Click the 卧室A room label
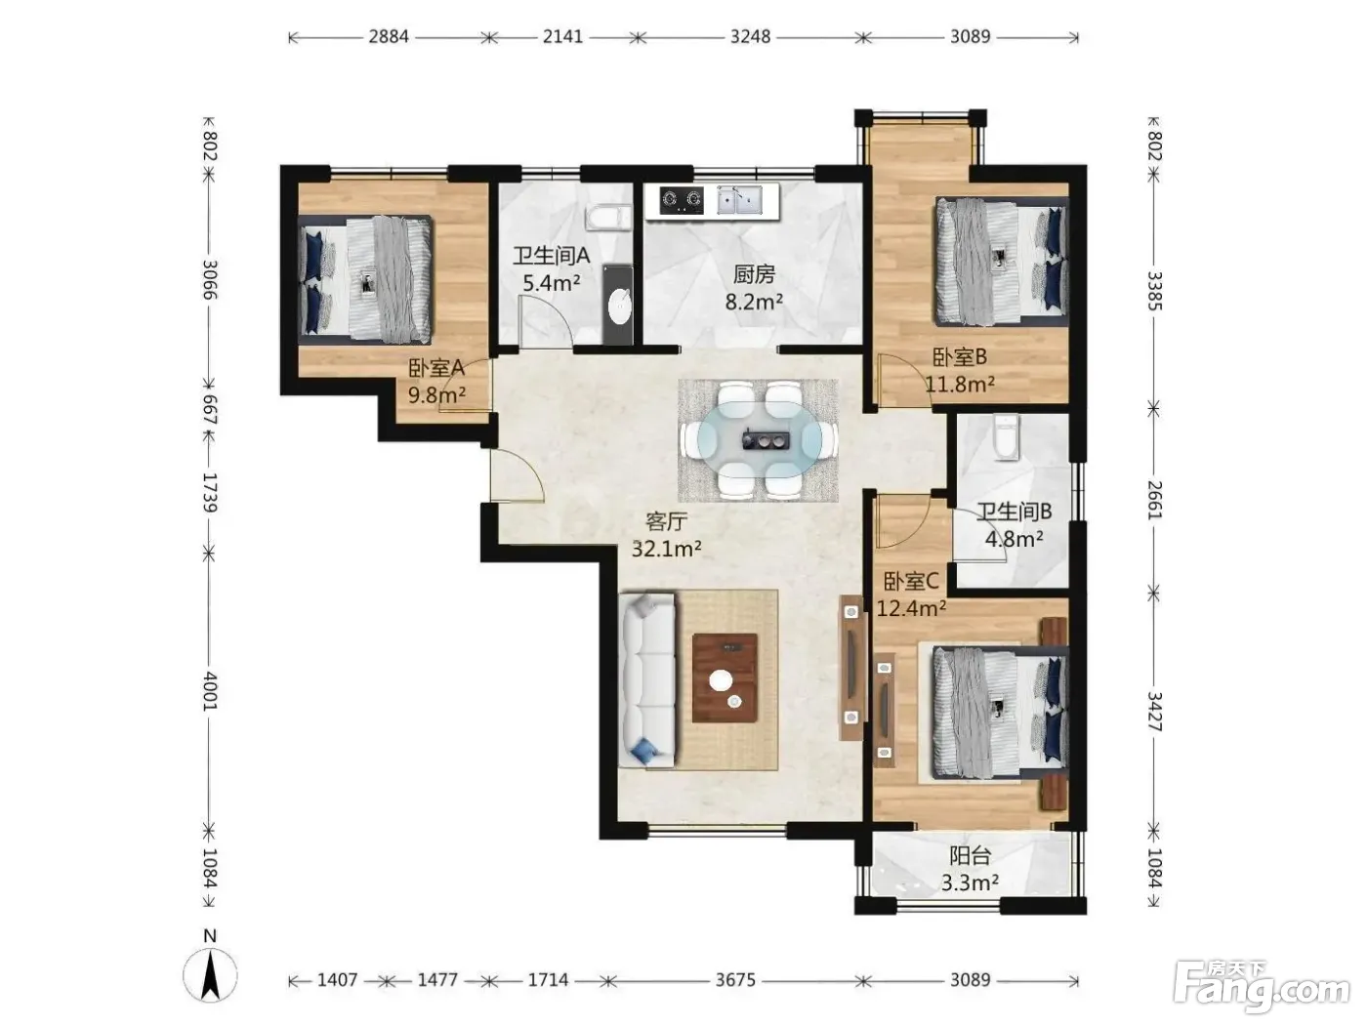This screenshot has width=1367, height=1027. tap(435, 368)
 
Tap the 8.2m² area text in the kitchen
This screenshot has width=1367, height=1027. tap(754, 302)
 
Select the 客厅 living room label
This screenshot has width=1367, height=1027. tap(666, 521)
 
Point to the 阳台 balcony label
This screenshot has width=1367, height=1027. tap(970, 856)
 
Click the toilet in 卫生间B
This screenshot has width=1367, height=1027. tap(1007, 437)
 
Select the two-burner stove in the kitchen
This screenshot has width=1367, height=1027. tap(682, 200)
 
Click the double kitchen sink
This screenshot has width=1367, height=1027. tap(739, 200)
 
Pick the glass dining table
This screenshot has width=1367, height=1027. tap(759, 440)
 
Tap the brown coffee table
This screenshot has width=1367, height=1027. tap(725, 678)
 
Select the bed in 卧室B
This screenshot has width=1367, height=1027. tap(1002, 262)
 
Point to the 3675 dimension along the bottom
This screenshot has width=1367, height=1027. tap(735, 980)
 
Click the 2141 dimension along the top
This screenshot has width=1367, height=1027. tap(562, 37)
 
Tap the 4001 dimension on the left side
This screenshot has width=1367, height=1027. tap(209, 690)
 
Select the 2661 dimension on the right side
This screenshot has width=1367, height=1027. tap(1154, 500)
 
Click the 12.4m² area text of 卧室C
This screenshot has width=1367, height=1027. tap(912, 607)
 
